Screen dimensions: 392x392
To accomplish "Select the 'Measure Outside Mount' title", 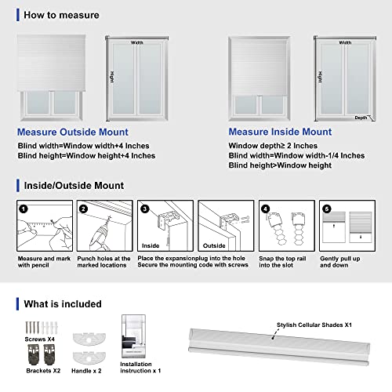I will click(x=72, y=132).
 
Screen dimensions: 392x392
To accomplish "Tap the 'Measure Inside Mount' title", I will click(x=280, y=132).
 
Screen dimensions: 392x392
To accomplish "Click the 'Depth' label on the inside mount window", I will click(x=360, y=118).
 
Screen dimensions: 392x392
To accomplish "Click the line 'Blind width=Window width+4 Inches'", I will click(x=85, y=146).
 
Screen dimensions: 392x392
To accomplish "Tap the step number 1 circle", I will click(x=24, y=209).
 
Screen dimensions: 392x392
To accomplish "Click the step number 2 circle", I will click(x=84, y=209).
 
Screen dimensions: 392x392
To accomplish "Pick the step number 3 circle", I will click(x=144, y=209).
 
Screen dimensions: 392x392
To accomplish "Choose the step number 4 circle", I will click(x=265, y=209).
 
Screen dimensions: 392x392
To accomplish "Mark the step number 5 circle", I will click(x=325, y=209).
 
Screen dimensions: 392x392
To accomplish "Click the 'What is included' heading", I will click(x=62, y=303).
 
